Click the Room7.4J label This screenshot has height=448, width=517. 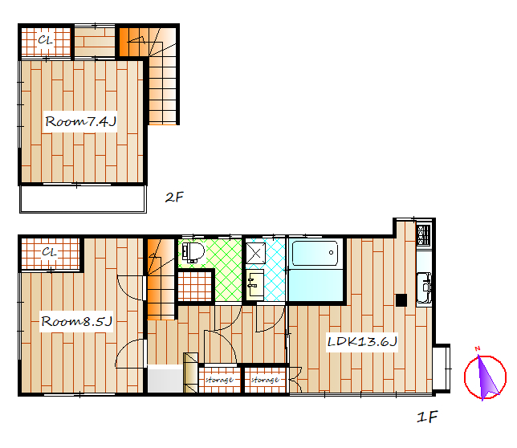(80, 122)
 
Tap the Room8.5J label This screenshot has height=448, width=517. (76, 321)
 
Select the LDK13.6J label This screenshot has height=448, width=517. (362, 341)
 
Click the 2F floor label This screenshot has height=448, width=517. (174, 198)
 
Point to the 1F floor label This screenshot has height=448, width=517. (427, 417)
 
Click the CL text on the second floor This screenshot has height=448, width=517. (45, 40)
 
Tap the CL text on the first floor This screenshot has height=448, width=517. (50, 252)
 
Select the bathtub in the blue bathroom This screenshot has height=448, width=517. (315, 253)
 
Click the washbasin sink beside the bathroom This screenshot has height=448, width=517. (254, 283)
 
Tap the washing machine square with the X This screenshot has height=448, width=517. (256, 253)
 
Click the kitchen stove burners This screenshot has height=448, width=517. (424, 234)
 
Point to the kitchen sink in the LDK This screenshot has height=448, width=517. (424, 287)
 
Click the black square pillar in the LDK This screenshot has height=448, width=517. (401, 300)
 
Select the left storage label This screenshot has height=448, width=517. (219, 380)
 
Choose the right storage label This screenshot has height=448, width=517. (265, 380)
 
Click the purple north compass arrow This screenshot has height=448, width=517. (486, 377)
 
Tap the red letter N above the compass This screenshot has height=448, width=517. (478, 348)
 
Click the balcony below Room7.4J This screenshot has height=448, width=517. (83, 199)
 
